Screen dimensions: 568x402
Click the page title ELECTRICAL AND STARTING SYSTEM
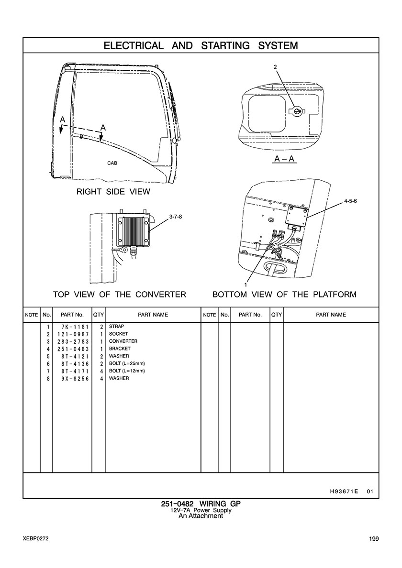201,46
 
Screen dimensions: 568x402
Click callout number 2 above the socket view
275,67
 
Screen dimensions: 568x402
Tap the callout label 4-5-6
350,201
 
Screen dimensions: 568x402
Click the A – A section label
284,159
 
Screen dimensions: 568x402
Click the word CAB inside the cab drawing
112,163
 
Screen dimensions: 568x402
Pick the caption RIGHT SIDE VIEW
113,192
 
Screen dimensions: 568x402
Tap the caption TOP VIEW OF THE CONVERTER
120,295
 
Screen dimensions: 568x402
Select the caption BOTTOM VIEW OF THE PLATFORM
284,295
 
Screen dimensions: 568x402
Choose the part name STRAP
116,327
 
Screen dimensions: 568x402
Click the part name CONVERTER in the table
123,341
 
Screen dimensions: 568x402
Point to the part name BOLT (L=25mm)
127,363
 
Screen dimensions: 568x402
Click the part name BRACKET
120,349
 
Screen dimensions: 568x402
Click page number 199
374,539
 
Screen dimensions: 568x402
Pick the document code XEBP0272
35,539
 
